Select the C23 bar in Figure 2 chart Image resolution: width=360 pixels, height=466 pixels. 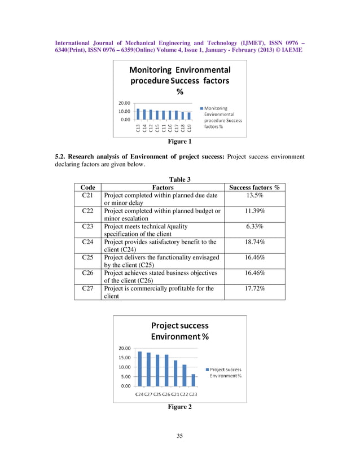194,380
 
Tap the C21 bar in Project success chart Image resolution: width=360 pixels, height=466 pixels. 175,373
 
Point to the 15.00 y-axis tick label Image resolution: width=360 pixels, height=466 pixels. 125,357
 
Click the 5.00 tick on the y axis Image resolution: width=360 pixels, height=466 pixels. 126,376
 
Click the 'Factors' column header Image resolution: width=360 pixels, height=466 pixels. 163,187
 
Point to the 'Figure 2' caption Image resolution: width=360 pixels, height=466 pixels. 179,407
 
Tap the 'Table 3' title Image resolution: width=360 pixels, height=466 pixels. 179,178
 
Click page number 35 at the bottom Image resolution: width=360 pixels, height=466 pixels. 179,435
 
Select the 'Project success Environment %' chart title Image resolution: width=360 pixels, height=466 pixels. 179,331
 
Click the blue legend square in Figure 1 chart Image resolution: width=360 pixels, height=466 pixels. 201,108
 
